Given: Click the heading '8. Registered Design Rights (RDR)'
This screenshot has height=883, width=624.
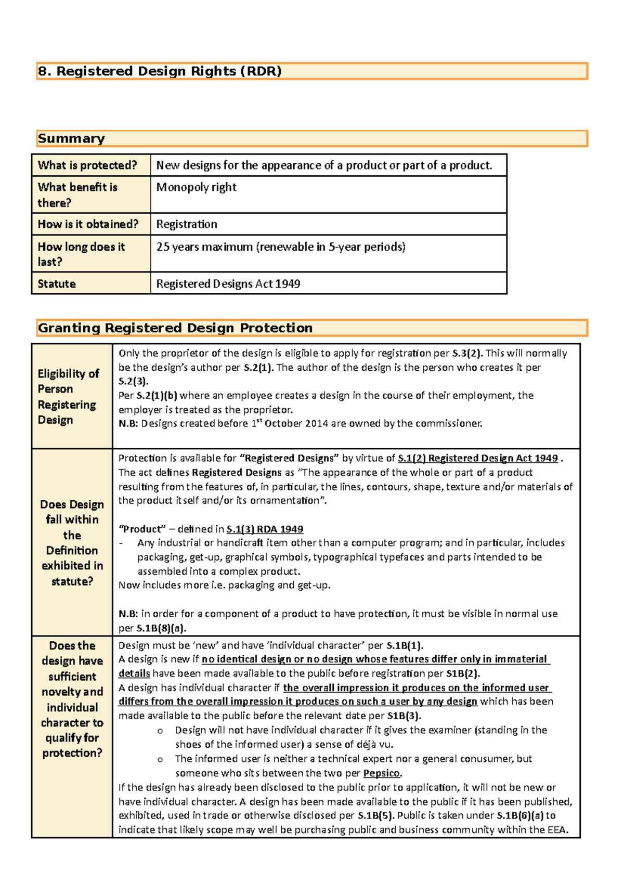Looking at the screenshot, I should (x=159, y=71).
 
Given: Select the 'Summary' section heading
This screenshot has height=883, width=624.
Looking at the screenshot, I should (x=71, y=139).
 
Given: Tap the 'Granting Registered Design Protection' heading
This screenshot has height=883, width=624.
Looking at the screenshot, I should (x=175, y=328).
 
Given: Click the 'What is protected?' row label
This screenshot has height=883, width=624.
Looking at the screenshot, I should (x=87, y=165).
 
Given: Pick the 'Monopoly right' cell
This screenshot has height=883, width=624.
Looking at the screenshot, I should (x=196, y=187).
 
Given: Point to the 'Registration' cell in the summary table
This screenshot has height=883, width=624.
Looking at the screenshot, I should (x=187, y=225).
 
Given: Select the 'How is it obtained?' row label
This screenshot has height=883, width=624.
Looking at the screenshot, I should (x=88, y=225).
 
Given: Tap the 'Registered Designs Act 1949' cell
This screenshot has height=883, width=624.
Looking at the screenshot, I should (x=228, y=284).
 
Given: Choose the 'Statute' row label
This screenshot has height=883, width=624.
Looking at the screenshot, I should (x=57, y=284).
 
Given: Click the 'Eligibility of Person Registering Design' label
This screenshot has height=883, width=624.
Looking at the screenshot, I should (x=68, y=397).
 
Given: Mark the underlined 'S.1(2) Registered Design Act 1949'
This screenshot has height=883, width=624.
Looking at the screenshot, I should (x=477, y=459).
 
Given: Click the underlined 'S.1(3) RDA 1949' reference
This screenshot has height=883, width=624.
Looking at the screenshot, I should (x=265, y=529).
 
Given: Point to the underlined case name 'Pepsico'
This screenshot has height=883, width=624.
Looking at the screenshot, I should (x=382, y=773).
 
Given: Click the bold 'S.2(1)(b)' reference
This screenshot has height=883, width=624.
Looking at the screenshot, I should (x=157, y=396).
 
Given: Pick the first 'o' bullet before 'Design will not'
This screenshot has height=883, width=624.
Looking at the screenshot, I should (x=160, y=731).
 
